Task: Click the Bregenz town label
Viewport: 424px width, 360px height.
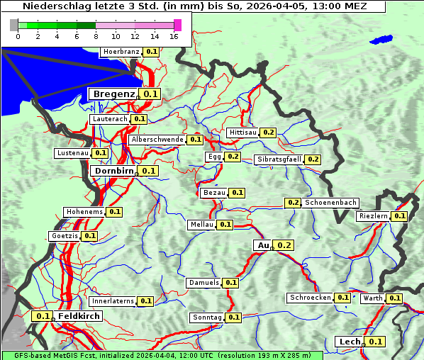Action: tap(113, 94)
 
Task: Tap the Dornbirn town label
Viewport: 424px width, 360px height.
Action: tap(113, 171)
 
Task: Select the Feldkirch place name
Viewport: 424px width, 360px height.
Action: tap(79, 316)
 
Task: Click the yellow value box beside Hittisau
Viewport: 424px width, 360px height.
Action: tap(268, 133)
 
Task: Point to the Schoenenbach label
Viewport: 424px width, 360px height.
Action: tap(330, 203)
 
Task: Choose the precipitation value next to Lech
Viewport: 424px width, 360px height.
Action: tap(376, 342)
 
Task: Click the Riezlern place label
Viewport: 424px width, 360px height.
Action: tap(373, 216)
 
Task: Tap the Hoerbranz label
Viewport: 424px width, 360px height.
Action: tap(121, 52)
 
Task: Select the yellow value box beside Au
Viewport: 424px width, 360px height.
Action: tap(284, 245)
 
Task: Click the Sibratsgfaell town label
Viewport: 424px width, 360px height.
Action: tap(279, 159)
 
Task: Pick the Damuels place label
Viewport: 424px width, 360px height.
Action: tap(203, 283)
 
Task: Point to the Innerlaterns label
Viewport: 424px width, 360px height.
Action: tap(113, 301)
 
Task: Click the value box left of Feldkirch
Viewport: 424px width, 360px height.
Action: tap(43, 316)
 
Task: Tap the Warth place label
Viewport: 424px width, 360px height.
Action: tap(372, 298)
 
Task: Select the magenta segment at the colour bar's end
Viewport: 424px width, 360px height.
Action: tap(177, 25)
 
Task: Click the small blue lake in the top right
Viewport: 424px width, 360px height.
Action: tap(381, 40)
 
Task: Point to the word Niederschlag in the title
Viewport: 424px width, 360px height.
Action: tap(53, 6)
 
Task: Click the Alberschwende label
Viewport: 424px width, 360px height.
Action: tap(157, 140)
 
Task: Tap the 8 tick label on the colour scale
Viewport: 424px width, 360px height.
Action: tap(96, 36)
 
